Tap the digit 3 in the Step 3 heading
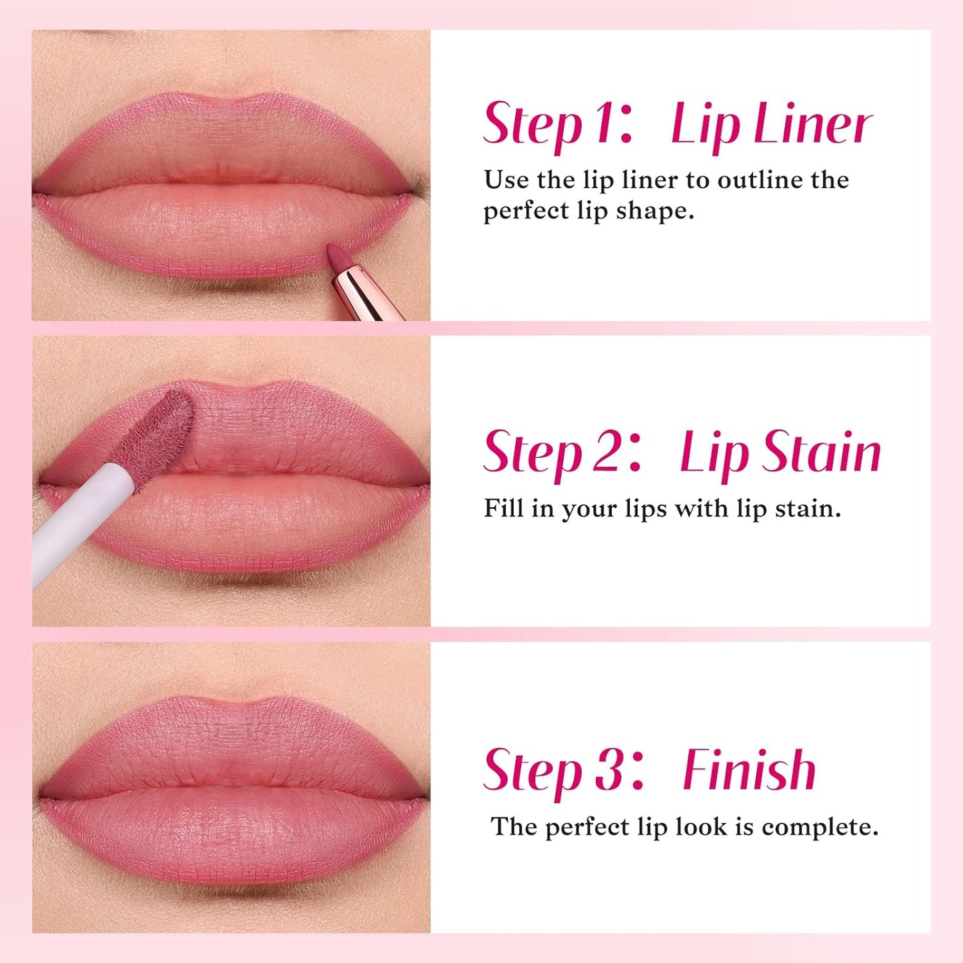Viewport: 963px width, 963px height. click(x=606, y=770)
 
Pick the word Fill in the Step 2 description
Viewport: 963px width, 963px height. click(x=502, y=508)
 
